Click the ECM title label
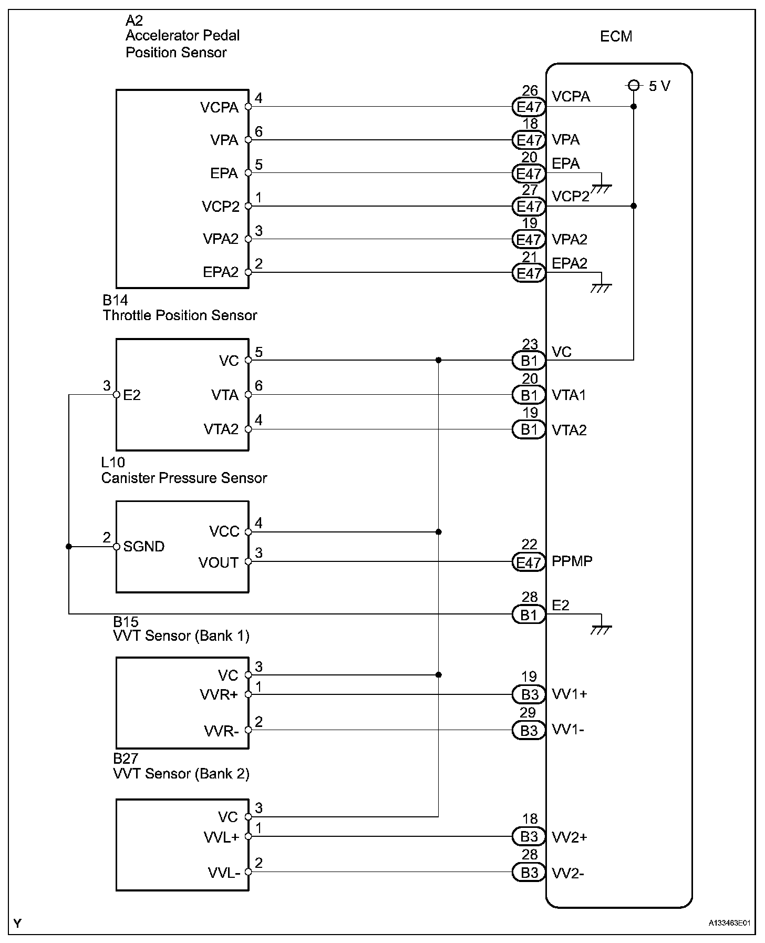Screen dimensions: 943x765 pos(616,36)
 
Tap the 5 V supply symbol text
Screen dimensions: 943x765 pos(659,86)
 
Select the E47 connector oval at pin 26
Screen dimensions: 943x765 pos(529,107)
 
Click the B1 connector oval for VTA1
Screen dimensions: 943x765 pos(529,395)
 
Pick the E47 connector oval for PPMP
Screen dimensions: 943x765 pos(529,562)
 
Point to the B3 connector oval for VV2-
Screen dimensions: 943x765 pos(529,873)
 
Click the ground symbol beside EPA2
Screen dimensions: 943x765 pos(601,287)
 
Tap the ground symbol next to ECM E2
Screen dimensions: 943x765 pos(601,629)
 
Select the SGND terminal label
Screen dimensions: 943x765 pos(143,547)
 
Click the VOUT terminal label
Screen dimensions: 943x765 pos(219,563)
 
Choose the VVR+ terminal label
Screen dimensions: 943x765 pos(219,695)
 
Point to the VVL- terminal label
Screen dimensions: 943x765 pos(224,873)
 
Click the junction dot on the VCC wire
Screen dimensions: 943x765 pos(438,532)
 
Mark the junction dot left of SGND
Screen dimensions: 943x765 pos(69,547)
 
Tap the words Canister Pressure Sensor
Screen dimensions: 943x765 pos(184,478)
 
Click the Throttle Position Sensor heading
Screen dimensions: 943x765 pos(180,315)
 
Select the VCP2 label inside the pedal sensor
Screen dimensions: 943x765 pos(220,207)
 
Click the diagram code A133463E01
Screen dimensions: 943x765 pos(729,923)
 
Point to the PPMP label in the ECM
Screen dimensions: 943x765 pos(572,561)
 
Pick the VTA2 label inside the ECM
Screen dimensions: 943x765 pos(569,430)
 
